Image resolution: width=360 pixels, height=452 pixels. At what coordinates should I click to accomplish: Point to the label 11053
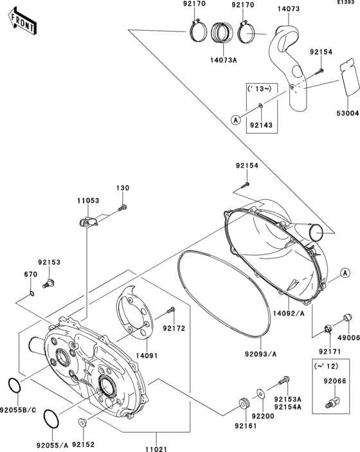[89, 201]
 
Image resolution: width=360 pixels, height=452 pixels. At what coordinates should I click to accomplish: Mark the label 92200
[261, 417]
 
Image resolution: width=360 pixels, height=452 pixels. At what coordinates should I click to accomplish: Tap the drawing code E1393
[347, 3]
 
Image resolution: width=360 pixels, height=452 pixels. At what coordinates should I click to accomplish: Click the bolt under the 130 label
[123, 207]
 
